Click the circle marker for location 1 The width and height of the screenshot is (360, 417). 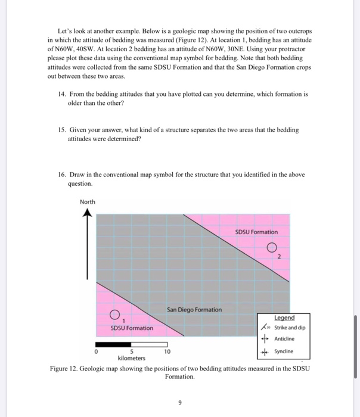click(115, 315)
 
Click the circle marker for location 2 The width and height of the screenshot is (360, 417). click(272, 248)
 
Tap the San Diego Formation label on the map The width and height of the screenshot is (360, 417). click(194, 309)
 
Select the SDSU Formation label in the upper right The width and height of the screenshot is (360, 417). click(256, 232)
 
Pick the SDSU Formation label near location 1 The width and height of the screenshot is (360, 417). click(132, 328)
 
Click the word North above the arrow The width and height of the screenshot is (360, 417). click(87, 202)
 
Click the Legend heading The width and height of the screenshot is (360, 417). click(284, 318)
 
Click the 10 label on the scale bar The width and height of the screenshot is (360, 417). click(167, 352)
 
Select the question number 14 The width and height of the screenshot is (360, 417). click(62, 94)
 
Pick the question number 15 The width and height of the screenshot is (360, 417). click(62, 129)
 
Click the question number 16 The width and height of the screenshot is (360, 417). click(62, 175)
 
